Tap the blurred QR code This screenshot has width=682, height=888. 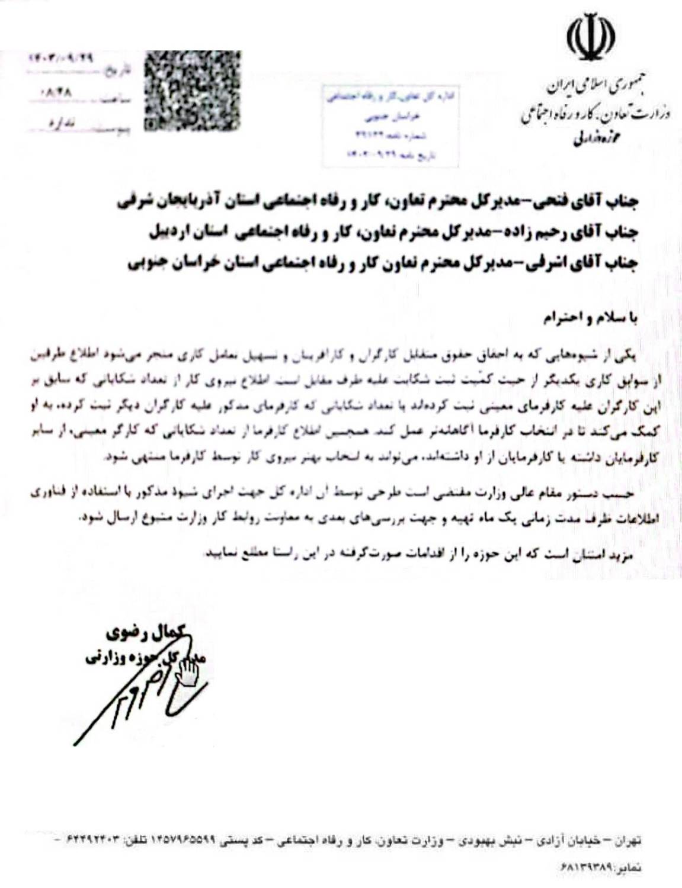tap(193, 90)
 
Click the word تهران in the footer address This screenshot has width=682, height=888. tap(629, 840)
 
